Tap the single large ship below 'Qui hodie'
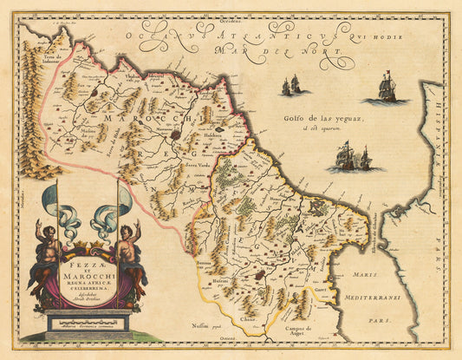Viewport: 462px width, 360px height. click(x=388, y=88)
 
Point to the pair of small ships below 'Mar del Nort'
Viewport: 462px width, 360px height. click(x=291, y=85)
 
